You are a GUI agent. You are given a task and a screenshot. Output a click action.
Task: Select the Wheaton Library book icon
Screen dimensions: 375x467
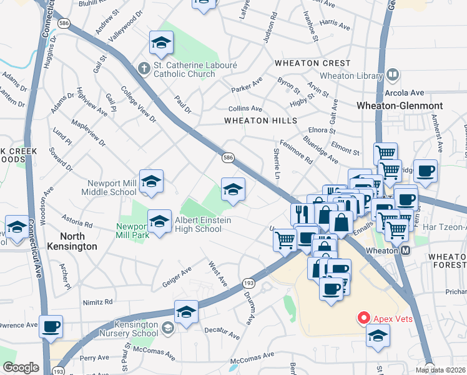(x=393, y=76)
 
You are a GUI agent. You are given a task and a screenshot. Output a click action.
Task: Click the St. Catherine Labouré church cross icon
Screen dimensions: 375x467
(x=143, y=67)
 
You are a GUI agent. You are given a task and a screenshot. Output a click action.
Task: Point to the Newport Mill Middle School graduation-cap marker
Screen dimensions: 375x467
(x=151, y=182)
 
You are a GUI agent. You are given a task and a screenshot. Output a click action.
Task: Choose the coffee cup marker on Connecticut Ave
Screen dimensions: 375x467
(x=51, y=326)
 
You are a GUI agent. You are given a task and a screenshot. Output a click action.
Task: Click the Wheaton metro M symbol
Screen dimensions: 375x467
(x=405, y=250)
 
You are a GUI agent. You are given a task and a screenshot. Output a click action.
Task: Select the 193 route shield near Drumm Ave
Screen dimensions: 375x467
(x=248, y=284)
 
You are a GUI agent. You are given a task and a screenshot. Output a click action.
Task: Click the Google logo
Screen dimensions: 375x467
(x=21, y=367)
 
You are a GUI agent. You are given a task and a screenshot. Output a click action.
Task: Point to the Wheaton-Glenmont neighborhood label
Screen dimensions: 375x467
(x=400, y=106)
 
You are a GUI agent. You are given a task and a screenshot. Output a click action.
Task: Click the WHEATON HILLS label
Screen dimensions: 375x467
(x=253, y=119)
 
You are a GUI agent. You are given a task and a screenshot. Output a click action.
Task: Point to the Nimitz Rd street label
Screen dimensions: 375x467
(x=97, y=301)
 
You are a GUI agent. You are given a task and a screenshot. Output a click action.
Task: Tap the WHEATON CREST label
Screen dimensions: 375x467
(x=312, y=63)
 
